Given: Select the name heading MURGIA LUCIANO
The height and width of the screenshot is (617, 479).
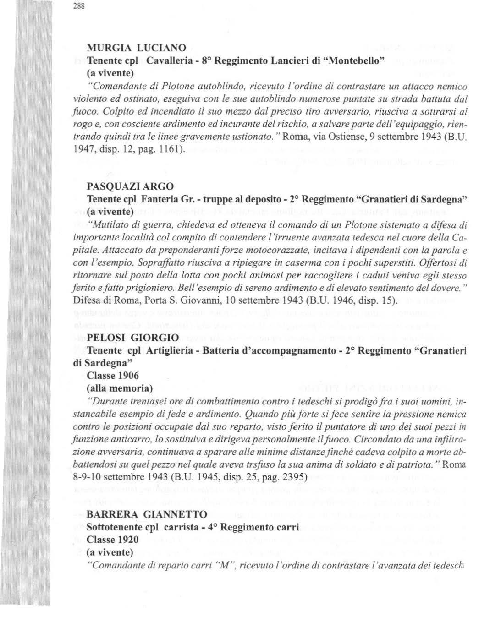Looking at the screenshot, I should tap(137, 48).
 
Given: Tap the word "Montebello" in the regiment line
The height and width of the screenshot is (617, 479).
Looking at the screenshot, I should tap(350, 60).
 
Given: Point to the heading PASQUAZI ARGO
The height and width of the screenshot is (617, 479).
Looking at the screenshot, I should tap(130, 186).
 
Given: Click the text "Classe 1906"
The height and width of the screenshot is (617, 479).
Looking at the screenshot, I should tap(113, 376).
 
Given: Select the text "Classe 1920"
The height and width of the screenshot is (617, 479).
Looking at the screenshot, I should tap(113, 539).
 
